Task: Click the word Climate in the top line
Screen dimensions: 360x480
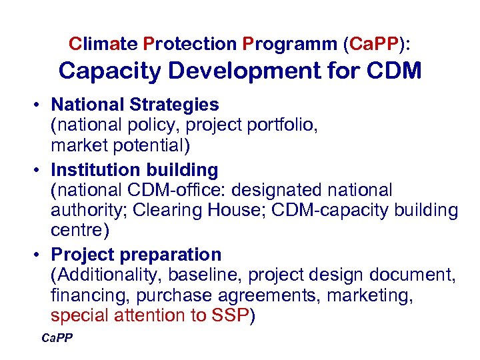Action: (103, 44)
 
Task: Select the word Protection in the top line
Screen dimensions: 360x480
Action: (190, 44)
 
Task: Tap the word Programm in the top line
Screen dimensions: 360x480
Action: (290, 44)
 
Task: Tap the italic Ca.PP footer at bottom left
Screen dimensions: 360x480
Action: (57, 339)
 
